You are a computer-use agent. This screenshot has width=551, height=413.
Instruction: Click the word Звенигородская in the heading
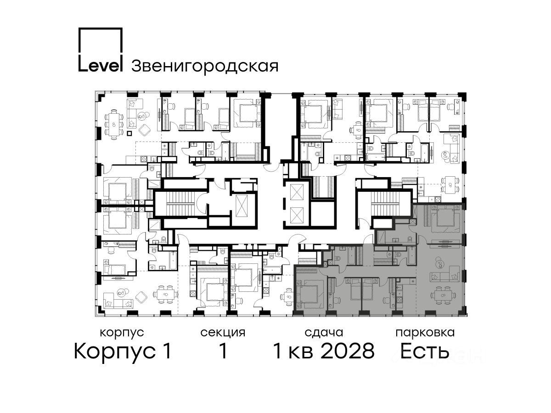(205, 66)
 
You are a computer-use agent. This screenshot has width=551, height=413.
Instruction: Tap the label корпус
(122, 333)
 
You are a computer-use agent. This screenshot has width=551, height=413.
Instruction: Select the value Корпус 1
(123, 352)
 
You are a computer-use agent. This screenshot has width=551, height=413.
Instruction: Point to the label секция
(223, 333)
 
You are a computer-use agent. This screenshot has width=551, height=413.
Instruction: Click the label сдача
(324, 333)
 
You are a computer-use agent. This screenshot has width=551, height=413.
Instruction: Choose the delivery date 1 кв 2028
(324, 351)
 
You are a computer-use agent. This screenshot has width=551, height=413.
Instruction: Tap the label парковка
(425, 333)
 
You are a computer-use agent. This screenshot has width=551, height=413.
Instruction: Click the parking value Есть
(425, 351)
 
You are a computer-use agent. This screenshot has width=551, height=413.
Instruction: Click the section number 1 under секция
(223, 351)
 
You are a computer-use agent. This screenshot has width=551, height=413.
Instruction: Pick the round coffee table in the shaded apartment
(439, 263)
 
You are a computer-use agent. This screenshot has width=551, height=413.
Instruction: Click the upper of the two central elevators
(297, 192)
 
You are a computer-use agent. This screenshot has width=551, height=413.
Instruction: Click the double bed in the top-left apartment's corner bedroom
(247, 113)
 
